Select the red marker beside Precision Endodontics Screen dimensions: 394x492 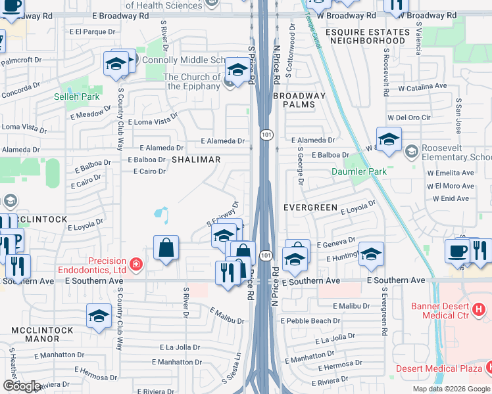click(x=136, y=265)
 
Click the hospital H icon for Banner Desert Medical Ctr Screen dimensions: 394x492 click(x=479, y=308)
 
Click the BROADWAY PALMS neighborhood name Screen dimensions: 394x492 click(x=299, y=100)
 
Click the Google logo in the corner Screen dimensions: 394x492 click(x=22, y=385)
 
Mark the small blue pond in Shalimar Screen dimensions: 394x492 click(x=162, y=214)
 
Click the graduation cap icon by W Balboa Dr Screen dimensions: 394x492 click(x=389, y=140)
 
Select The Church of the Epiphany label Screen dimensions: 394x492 click(x=191, y=81)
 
